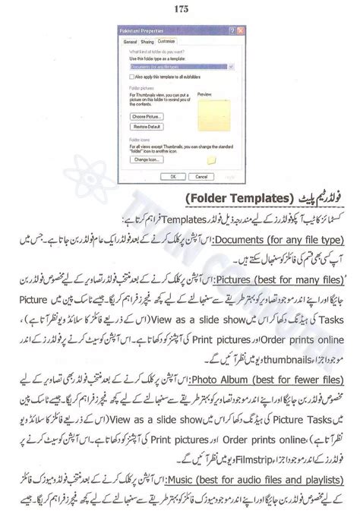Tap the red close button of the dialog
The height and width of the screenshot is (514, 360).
point(237,32)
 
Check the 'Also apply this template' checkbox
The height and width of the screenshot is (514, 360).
point(129,76)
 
